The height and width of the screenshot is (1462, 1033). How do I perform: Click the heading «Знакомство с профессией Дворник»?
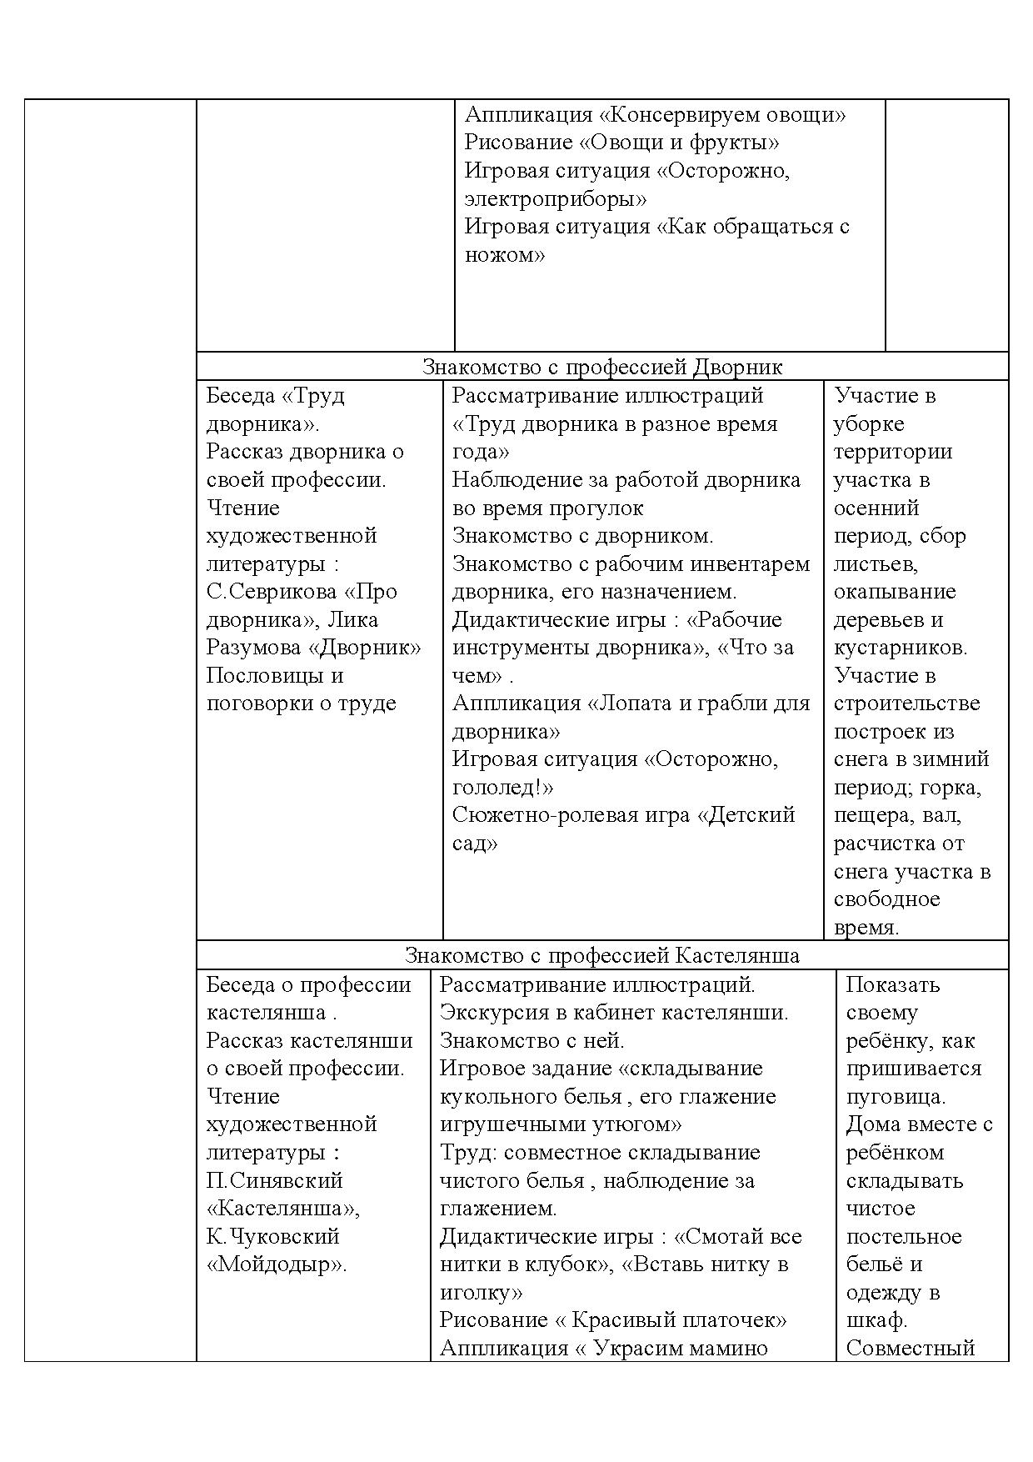602,368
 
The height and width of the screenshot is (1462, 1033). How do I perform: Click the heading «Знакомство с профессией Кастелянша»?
602,955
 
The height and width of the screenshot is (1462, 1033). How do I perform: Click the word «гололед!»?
499,788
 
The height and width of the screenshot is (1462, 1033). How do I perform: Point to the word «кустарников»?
900,648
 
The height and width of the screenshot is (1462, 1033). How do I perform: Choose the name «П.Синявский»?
275,1181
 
